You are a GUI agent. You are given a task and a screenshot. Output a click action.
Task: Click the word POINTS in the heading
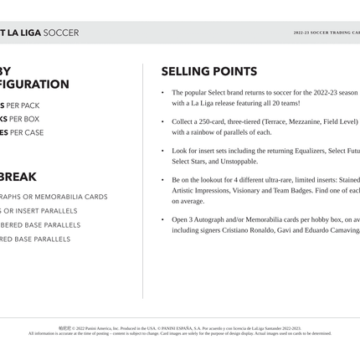(232, 72)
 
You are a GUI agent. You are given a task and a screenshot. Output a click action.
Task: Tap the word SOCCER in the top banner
(61, 33)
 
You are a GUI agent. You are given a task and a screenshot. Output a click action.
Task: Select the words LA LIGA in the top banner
(24, 33)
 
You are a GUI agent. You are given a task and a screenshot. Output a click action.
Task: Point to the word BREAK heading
(18, 177)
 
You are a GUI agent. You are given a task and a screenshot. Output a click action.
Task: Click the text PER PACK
(23, 105)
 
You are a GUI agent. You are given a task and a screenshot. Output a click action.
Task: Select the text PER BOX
(22, 119)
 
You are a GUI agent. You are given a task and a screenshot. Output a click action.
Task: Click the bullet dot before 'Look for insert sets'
(163, 152)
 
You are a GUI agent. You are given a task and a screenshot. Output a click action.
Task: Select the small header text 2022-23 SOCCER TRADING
(323, 33)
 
